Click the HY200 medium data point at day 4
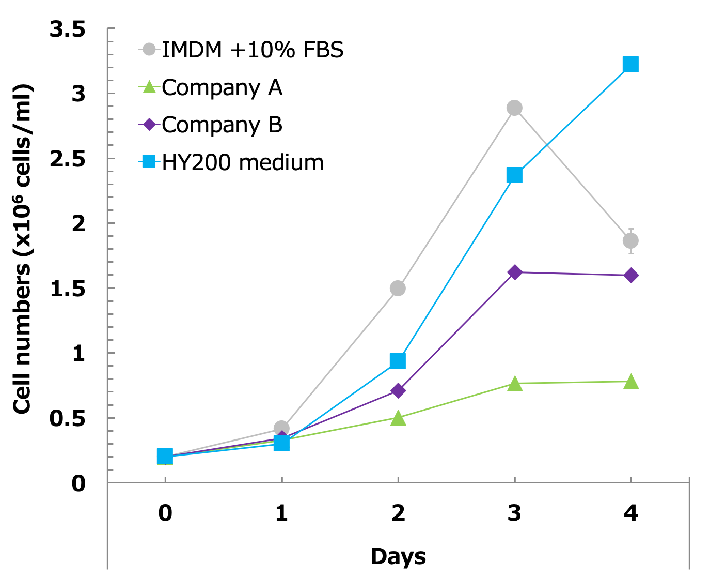[630, 65]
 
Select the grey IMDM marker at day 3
[514, 108]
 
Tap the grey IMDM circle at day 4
[630, 241]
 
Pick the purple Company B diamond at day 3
[514, 272]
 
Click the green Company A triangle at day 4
[630, 382]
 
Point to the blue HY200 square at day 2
[398, 361]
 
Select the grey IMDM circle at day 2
[398, 288]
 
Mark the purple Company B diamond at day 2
[398, 390]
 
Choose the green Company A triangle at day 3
[514, 384]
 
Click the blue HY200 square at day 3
[514, 175]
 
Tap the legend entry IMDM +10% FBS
[253, 50]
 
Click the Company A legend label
[222, 88]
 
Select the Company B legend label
[222, 125]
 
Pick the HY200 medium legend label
[243, 163]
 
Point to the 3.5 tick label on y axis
[68, 30]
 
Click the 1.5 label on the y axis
[68, 289]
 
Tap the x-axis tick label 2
[398, 513]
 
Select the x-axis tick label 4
[630, 513]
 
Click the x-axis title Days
[398, 557]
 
